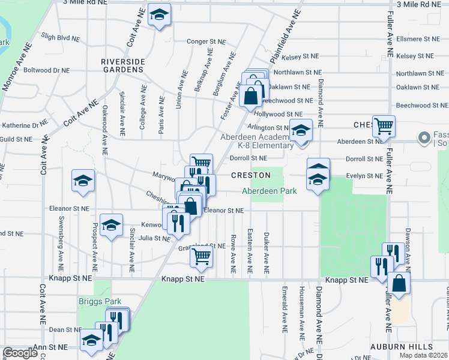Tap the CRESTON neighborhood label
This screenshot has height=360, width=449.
point(249,175)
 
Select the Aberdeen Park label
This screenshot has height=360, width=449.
point(270,191)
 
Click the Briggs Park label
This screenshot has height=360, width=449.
point(100,302)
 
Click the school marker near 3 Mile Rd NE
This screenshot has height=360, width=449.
point(159,16)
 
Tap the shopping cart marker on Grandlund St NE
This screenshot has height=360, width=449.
point(201,256)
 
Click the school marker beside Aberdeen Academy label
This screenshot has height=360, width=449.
point(301,130)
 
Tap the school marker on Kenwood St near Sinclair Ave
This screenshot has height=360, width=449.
point(111,226)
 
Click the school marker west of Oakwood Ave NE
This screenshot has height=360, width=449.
point(83,181)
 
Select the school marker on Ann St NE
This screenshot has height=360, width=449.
point(91,340)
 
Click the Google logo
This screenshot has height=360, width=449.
point(20,353)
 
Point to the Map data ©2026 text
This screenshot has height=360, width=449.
point(423,355)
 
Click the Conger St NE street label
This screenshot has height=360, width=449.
point(206,42)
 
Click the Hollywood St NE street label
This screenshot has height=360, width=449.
point(278,113)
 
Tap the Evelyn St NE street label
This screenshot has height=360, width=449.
point(364,176)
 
